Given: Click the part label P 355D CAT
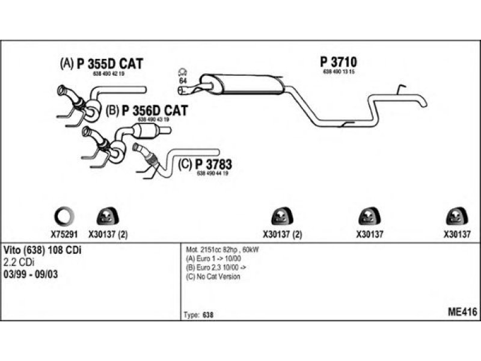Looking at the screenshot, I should click(x=110, y=64).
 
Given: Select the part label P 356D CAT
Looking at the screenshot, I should click(x=154, y=110).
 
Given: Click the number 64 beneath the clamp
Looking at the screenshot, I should click(x=183, y=81).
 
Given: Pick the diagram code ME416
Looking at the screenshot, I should click(x=462, y=312).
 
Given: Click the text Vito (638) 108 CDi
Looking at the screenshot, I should click(x=43, y=250).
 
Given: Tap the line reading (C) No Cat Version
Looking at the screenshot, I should click(x=213, y=277).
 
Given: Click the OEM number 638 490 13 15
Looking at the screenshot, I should click(x=340, y=72).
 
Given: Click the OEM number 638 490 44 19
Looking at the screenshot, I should click(x=212, y=173).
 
